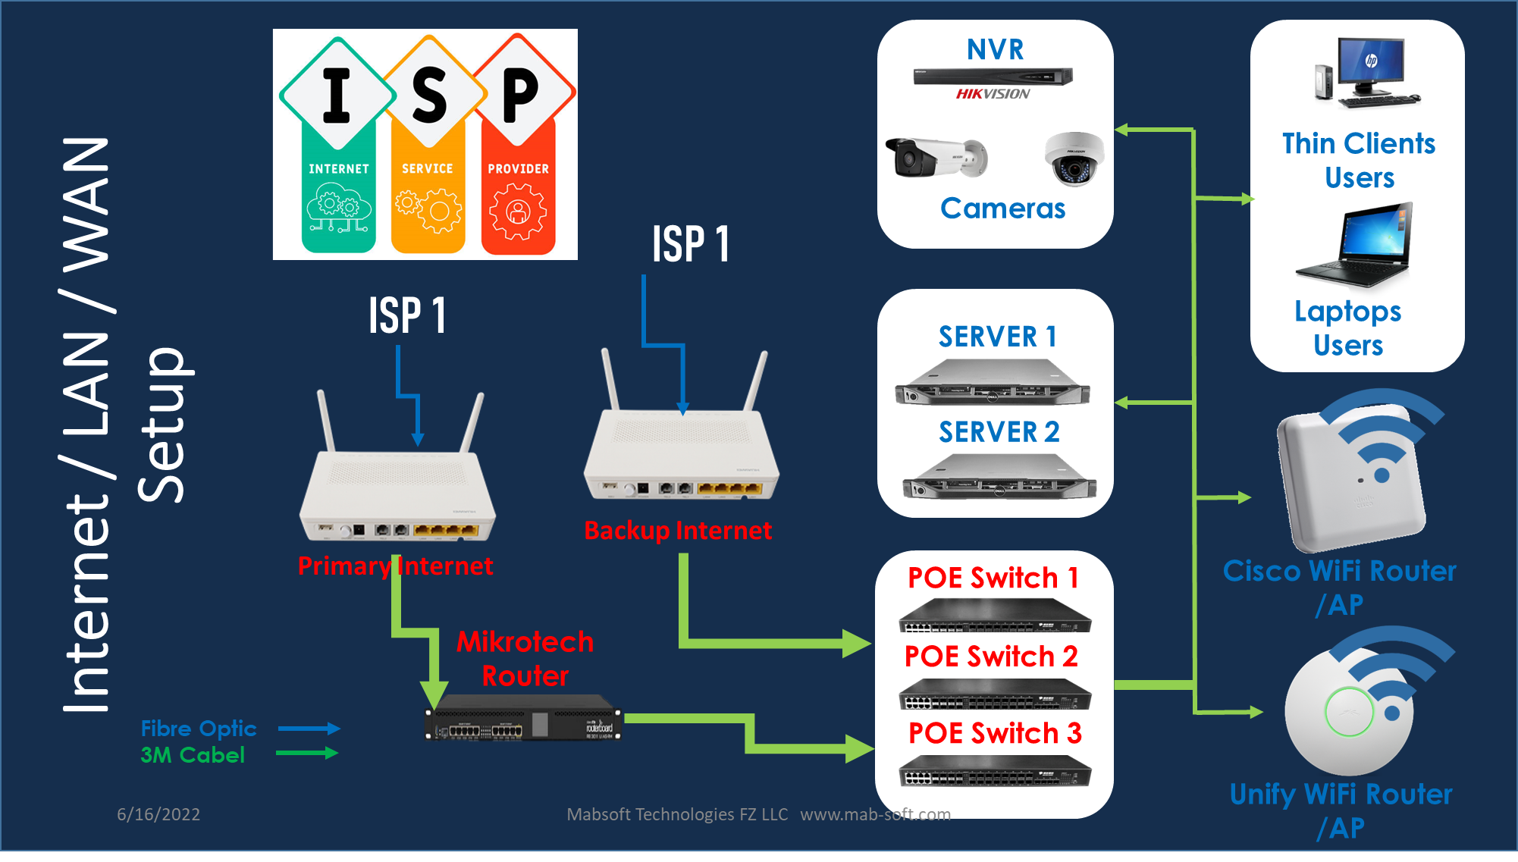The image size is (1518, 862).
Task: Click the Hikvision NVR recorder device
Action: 993,76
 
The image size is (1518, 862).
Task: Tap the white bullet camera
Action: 936,158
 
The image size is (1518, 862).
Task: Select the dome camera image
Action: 1074,159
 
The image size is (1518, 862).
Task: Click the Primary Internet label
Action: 395,566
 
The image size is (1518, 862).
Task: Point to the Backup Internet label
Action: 678,530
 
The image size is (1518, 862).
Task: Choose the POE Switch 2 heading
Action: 991,656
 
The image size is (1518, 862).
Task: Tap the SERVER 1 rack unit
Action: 992,383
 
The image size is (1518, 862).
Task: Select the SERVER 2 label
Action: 999,431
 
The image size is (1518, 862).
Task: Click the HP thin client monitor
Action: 1371,64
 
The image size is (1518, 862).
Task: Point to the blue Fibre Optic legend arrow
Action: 309,729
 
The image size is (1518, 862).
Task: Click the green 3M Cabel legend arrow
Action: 307,753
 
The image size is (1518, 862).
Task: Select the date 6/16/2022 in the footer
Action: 158,814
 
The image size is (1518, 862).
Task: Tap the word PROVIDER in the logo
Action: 518,168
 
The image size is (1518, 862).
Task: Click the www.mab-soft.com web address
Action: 875,814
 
